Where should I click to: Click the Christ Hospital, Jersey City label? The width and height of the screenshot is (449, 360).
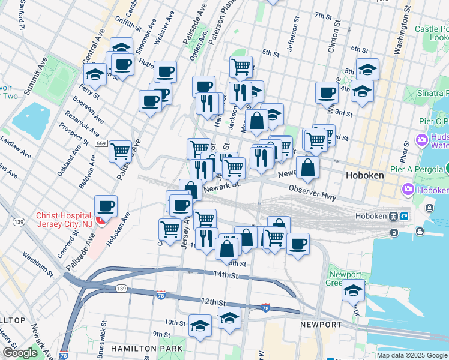point(65,220)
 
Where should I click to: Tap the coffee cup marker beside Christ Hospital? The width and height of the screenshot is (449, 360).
point(106,206)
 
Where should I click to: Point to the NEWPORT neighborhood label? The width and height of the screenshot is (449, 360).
point(321,325)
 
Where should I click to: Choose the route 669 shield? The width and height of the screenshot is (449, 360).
point(101,143)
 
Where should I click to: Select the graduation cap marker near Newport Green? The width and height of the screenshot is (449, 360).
point(354,291)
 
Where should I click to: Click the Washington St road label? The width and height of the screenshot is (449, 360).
point(397,36)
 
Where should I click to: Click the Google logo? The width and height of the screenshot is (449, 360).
point(20,353)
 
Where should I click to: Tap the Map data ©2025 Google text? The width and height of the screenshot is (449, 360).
point(411,355)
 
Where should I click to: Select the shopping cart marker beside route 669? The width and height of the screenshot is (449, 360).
point(120,151)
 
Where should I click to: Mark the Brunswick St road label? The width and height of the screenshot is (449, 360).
point(103,339)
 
